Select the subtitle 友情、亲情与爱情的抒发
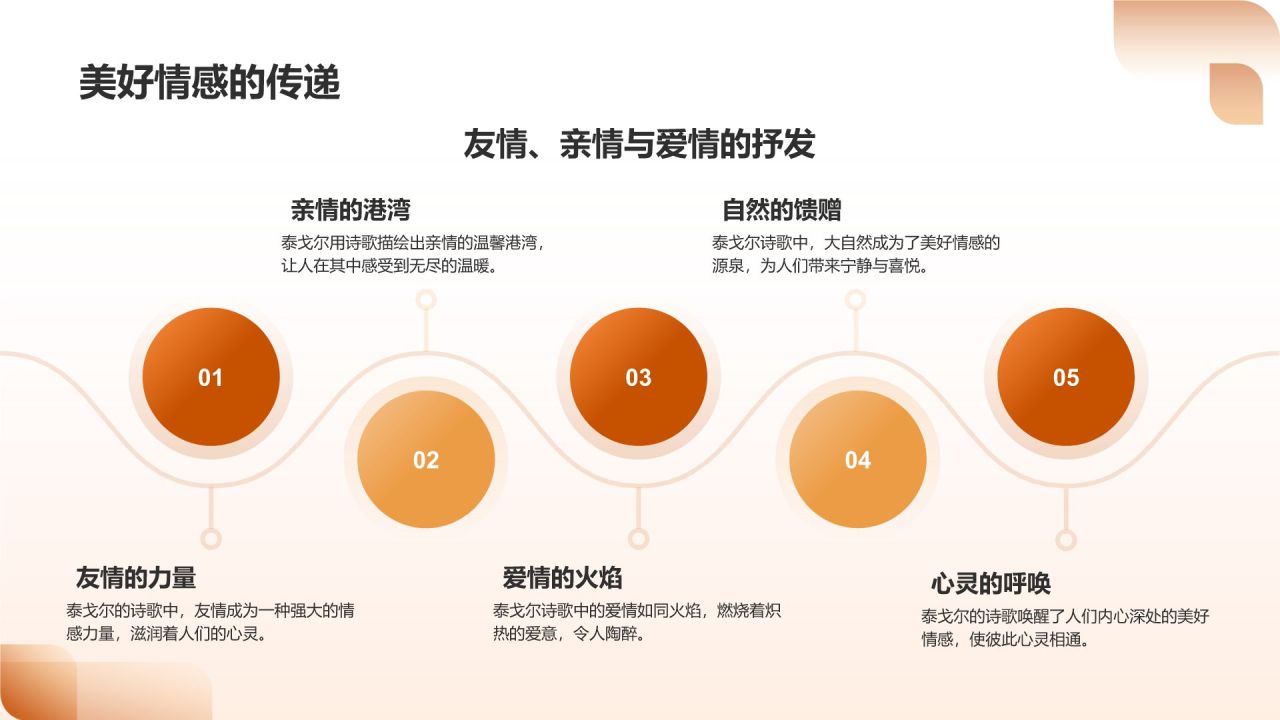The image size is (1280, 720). point(639,144)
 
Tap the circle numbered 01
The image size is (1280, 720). point(211,377)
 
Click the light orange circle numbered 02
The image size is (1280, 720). point(426,459)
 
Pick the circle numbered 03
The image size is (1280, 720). point(638,377)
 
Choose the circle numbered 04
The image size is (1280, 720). point(858,459)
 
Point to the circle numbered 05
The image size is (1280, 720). point(1066,377)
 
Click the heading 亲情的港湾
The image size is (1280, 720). point(350,210)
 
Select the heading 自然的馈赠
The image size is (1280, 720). point(781,210)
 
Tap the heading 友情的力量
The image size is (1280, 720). point(136,577)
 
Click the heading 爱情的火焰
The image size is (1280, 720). point(562,577)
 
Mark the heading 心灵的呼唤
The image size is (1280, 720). point(991,583)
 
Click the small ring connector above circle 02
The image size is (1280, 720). point(426,299)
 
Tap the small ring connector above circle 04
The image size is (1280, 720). point(855,299)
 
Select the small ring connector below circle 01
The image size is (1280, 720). point(211,539)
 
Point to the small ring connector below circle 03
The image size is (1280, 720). point(638,539)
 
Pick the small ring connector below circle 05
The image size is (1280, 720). point(1066,540)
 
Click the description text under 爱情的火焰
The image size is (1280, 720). point(636,622)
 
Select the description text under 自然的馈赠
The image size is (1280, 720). point(856,254)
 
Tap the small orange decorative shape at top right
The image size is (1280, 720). point(1236,94)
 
